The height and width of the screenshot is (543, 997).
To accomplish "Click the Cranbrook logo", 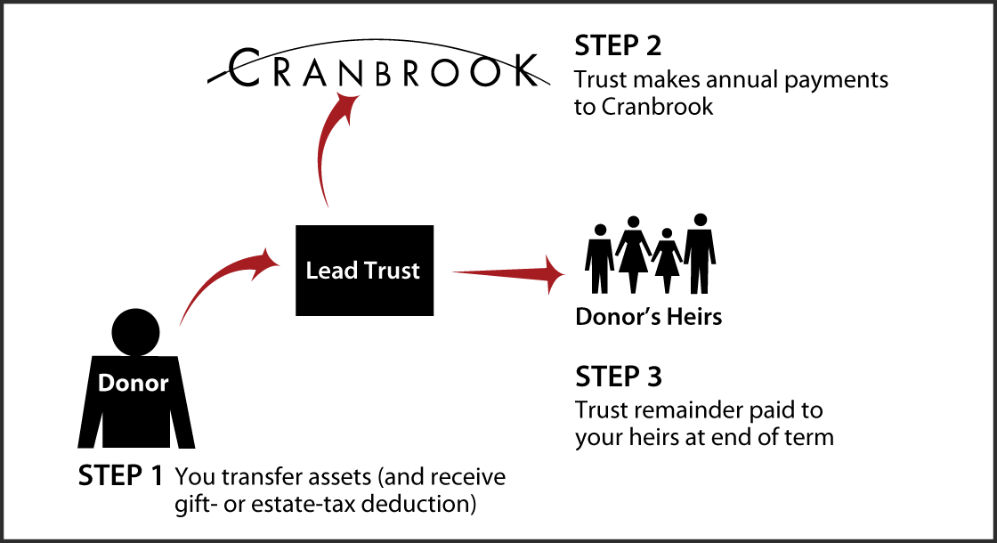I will (374, 69).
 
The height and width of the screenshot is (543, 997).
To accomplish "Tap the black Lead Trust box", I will (364, 271).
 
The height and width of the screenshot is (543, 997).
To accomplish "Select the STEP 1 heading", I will (120, 476).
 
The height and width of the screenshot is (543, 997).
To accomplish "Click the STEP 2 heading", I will (618, 46).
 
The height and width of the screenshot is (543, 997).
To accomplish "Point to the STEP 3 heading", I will (619, 377).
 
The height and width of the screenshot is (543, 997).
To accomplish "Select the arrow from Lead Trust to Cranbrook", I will (331, 142).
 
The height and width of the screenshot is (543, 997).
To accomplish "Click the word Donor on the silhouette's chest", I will (133, 384).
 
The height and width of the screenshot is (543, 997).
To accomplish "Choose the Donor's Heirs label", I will (648, 317).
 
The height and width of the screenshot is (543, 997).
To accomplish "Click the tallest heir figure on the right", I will (701, 253).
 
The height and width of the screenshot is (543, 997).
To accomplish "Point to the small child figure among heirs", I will (666, 259).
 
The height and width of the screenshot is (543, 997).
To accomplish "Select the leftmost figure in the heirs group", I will (600, 257).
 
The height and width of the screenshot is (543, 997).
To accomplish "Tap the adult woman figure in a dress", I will (633, 254).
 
